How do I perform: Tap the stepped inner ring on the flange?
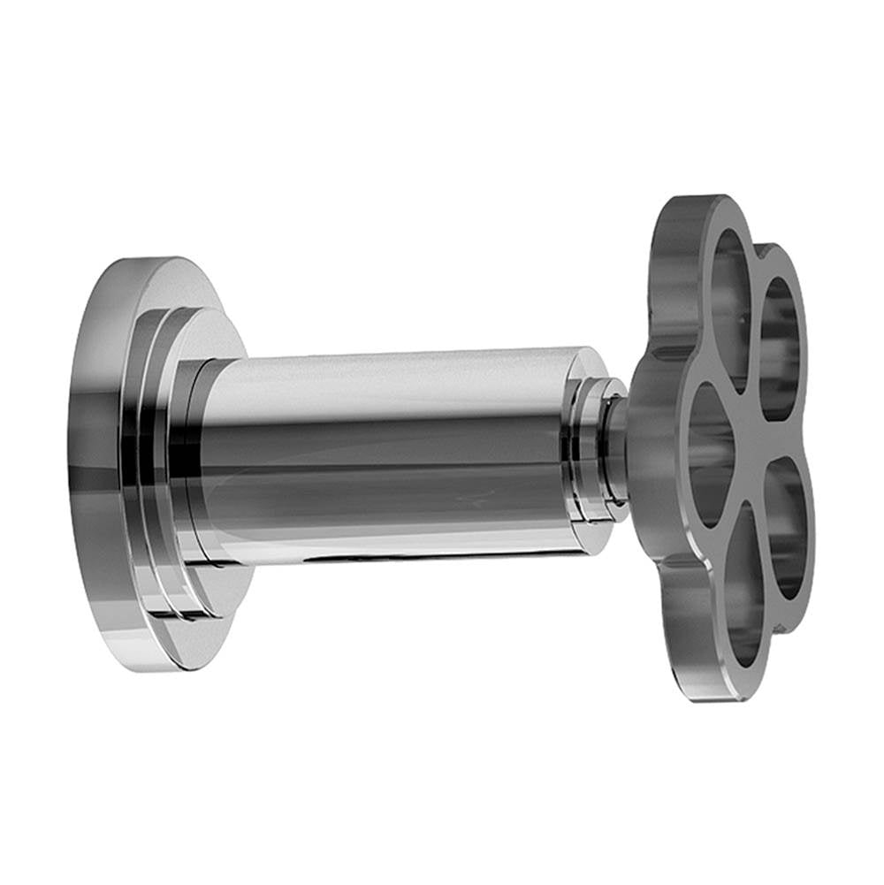(164, 460)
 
